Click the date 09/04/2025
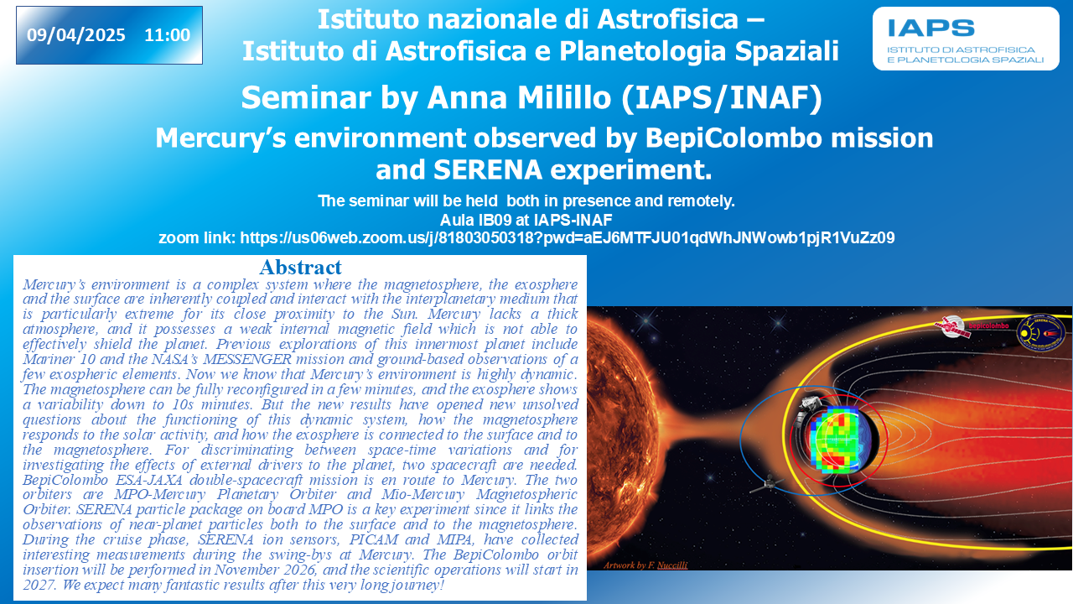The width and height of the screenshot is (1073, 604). click(75, 35)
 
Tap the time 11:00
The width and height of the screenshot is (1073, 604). click(168, 35)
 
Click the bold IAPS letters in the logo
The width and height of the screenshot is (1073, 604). click(931, 29)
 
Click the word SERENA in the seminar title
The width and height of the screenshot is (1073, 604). click(488, 169)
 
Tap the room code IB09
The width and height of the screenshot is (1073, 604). click(495, 220)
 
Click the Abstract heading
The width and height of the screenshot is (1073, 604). click(301, 267)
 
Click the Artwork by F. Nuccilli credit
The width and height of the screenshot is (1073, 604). click(645, 565)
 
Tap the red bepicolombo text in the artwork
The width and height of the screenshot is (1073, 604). click(988, 326)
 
